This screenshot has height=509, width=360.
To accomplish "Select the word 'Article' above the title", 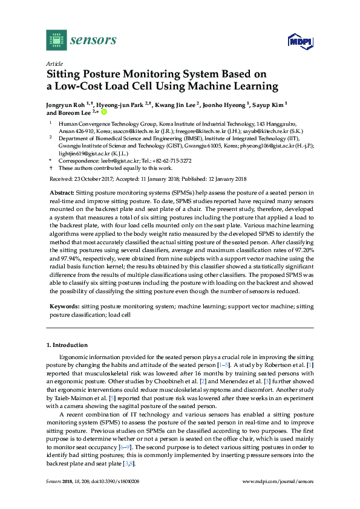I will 54,63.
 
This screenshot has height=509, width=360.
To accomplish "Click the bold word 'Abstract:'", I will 62,191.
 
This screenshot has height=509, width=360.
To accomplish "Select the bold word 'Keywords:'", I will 64,307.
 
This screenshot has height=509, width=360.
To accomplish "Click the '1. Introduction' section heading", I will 67,345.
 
